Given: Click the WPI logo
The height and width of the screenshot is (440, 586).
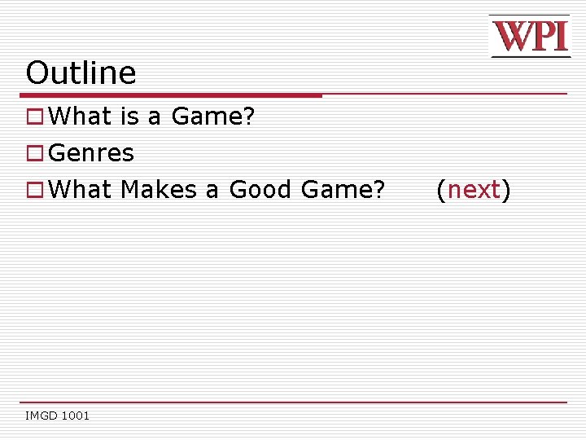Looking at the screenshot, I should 529,37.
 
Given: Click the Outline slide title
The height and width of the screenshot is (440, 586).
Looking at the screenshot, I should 81,73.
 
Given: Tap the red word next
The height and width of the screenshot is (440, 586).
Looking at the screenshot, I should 474,190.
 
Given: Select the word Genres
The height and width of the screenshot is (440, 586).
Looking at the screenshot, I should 91,153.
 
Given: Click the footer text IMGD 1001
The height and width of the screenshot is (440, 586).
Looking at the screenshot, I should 58,416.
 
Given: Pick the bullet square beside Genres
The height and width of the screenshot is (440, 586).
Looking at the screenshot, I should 34,153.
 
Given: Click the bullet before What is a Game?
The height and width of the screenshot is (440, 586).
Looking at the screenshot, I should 34,117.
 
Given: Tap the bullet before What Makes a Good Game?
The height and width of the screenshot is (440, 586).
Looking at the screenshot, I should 34,190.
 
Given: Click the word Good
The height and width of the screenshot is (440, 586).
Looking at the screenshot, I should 260,190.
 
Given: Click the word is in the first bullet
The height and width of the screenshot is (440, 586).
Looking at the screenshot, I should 130,117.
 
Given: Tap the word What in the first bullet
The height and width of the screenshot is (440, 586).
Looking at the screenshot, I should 81,117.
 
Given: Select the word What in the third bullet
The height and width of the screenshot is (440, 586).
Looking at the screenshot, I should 81,190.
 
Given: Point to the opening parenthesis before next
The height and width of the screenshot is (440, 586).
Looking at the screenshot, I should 441,191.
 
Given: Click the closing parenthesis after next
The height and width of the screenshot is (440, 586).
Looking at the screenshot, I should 505,191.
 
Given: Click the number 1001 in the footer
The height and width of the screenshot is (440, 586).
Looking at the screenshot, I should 74,416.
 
